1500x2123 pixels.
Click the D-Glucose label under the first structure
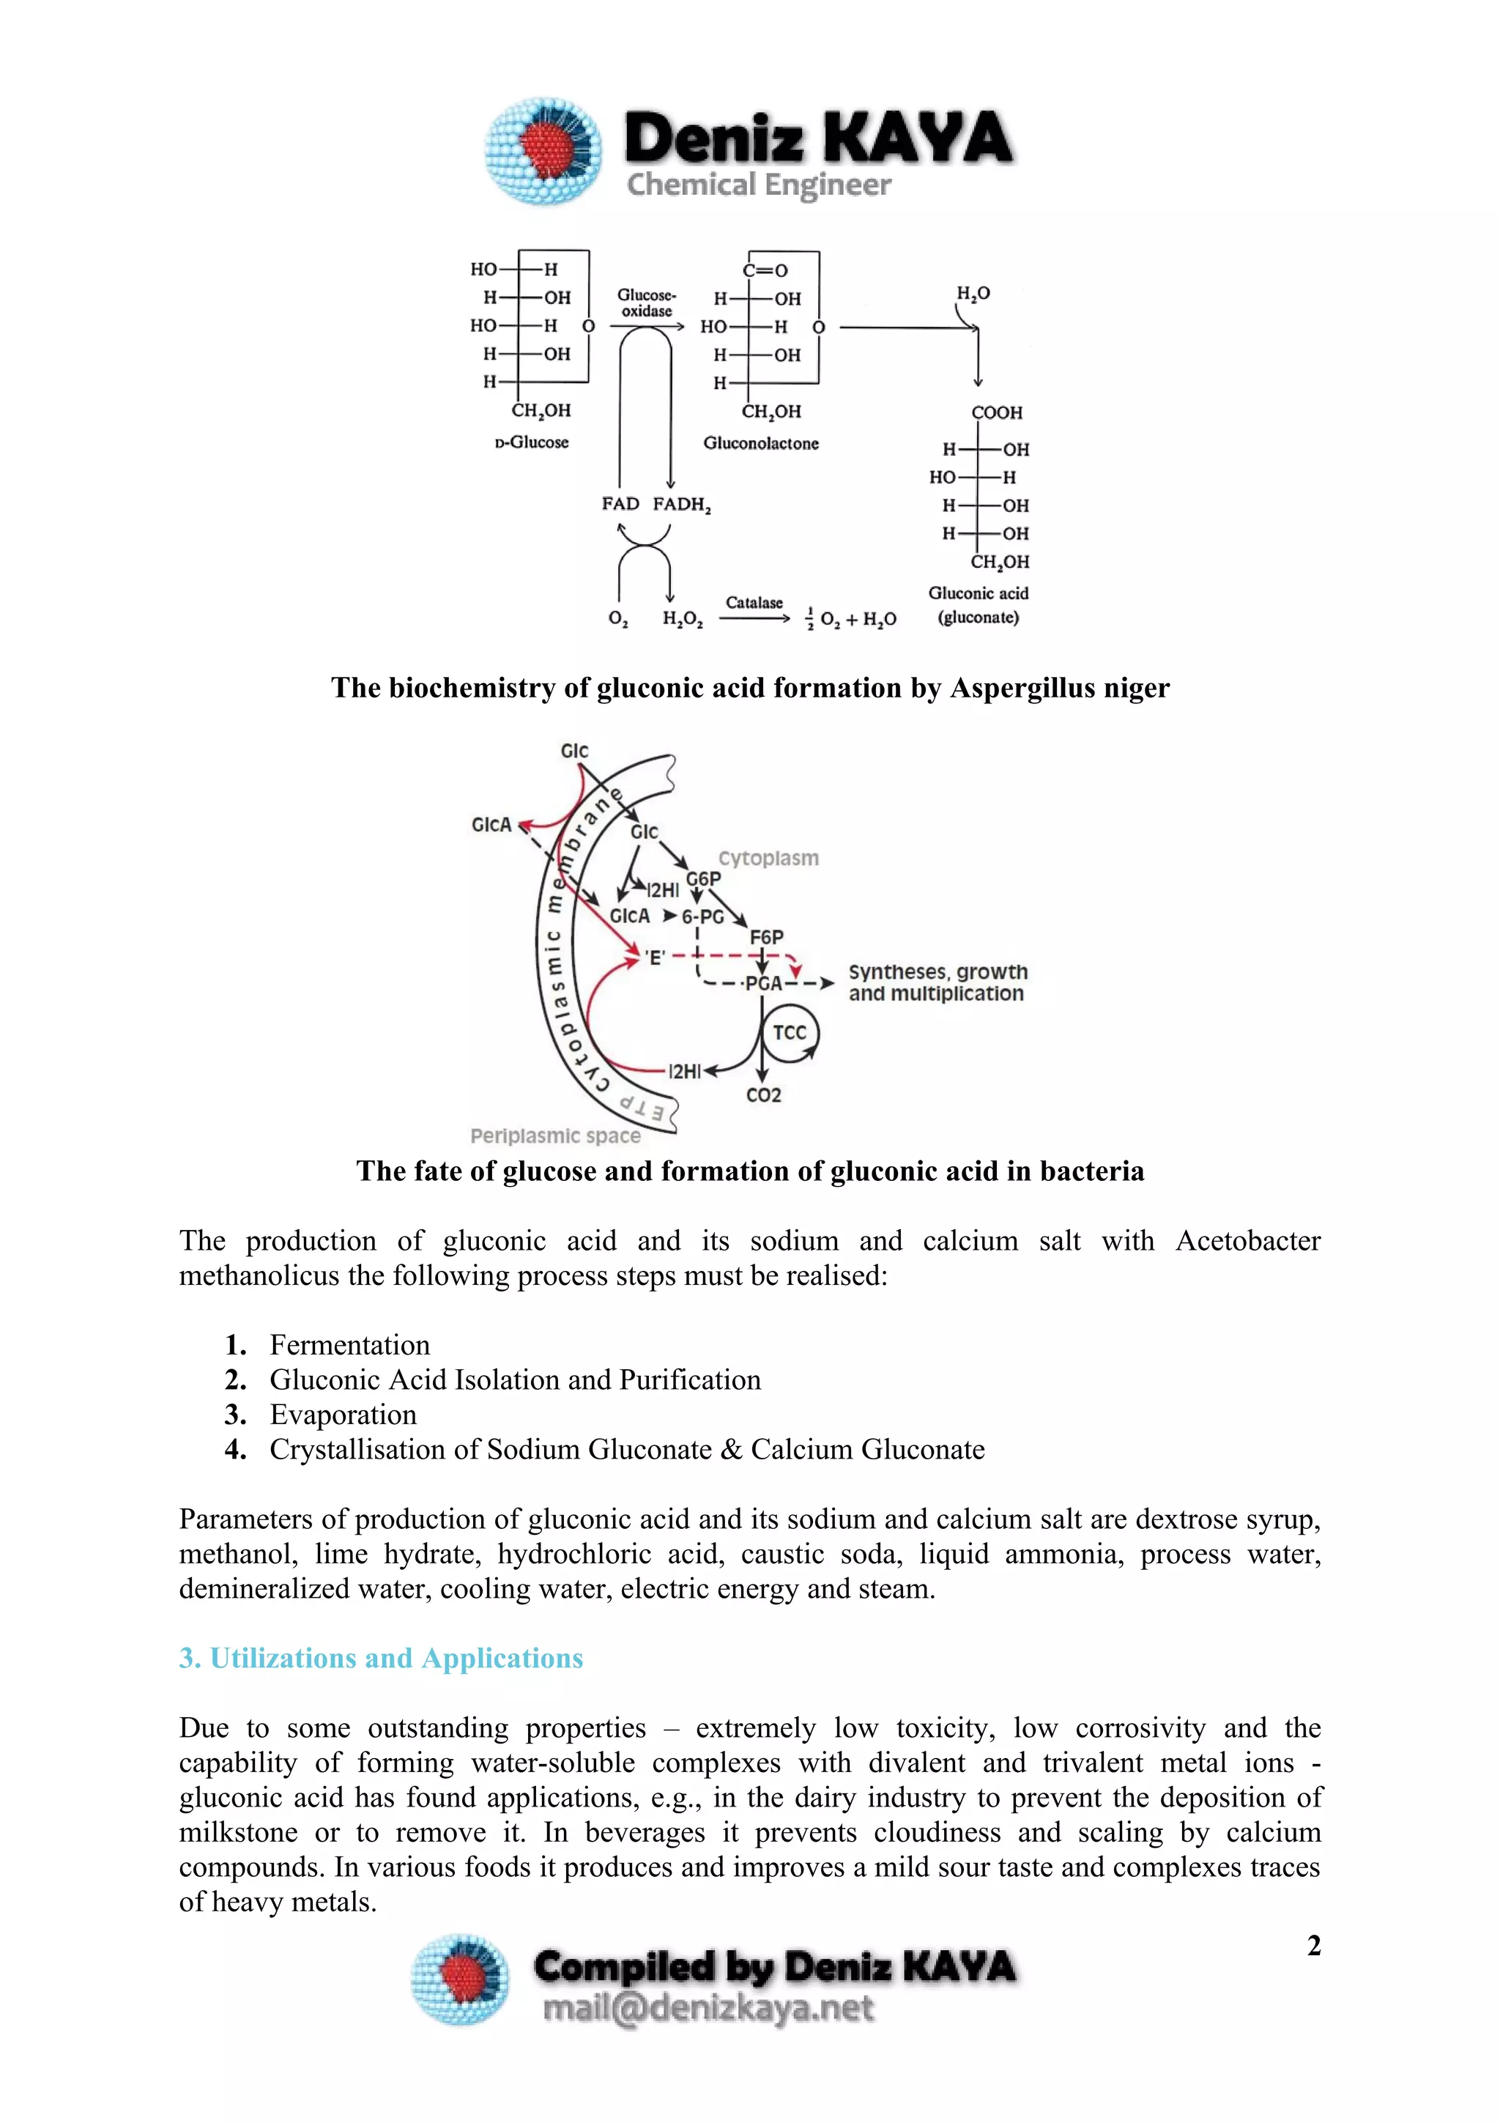click(x=532, y=442)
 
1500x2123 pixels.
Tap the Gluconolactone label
click(x=761, y=443)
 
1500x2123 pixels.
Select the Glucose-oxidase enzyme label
click(x=646, y=303)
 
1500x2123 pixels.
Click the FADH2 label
click(x=681, y=504)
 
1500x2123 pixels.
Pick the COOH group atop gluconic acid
click(x=996, y=412)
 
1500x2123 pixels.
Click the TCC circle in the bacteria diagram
click(x=790, y=1033)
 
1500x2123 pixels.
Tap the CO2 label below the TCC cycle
click(x=763, y=1094)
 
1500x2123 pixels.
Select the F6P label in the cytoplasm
click(x=766, y=937)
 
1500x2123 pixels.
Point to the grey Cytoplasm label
click(x=768, y=858)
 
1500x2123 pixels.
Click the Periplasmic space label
click(x=554, y=1135)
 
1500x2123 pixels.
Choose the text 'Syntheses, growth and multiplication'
click(x=937, y=982)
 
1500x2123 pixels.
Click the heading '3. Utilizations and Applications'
click(x=381, y=1658)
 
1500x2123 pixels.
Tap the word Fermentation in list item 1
click(x=349, y=1344)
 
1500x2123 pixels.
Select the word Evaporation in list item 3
click(x=343, y=1414)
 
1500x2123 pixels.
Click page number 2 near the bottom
click(x=1313, y=1946)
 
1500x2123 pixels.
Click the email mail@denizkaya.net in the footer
click(x=708, y=2008)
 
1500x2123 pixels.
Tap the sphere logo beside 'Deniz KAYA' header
click(x=543, y=149)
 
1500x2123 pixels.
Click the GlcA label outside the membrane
click(x=491, y=824)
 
